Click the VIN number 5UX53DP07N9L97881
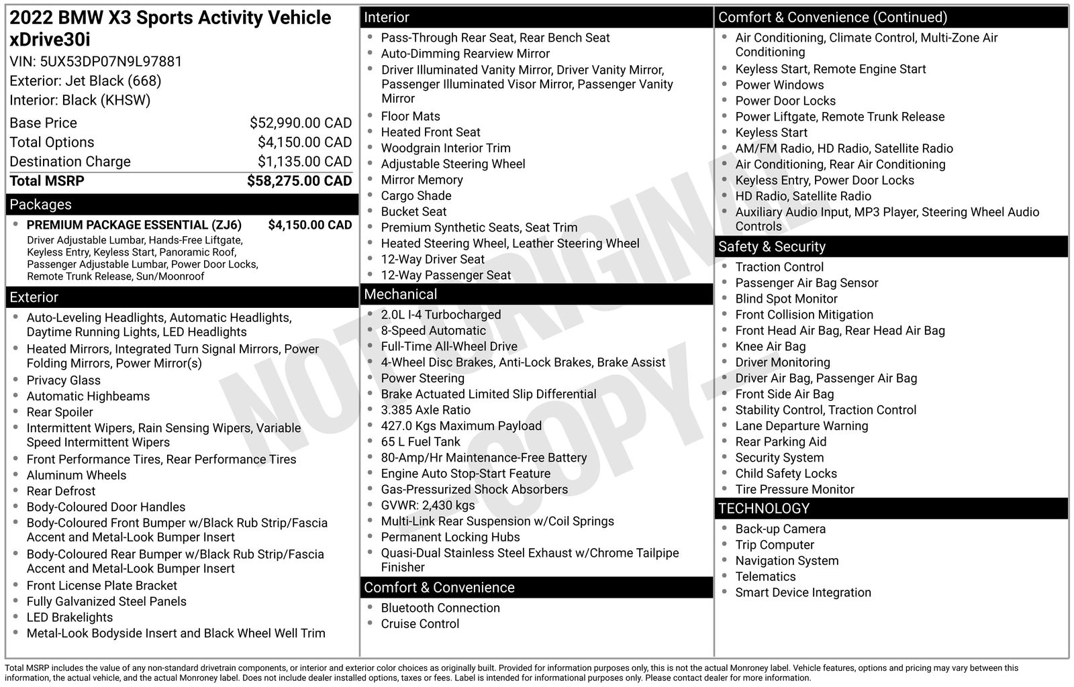click(x=111, y=62)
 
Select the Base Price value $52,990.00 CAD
click(x=300, y=123)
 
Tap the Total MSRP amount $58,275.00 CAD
click(x=299, y=181)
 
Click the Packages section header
click(x=41, y=205)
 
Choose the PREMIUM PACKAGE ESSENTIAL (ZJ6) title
click(x=134, y=225)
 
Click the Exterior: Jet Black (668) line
click(x=85, y=81)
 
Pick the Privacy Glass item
click(x=63, y=380)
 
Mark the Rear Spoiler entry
click(x=60, y=413)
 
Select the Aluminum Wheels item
click(x=76, y=476)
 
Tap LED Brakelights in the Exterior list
click(x=69, y=618)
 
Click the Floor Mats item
click(x=410, y=117)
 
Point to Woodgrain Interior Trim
click(x=446, y=148)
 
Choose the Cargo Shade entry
click(x=416, y=196)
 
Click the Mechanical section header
click(x=401, y=295)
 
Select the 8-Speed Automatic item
click(x=433, y=331)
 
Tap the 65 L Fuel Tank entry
click(x=420, y=442)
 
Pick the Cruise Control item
click(x=420, y=624)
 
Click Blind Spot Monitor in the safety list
click(x=786, y=299)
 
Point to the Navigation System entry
click(x=787, y=561)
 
